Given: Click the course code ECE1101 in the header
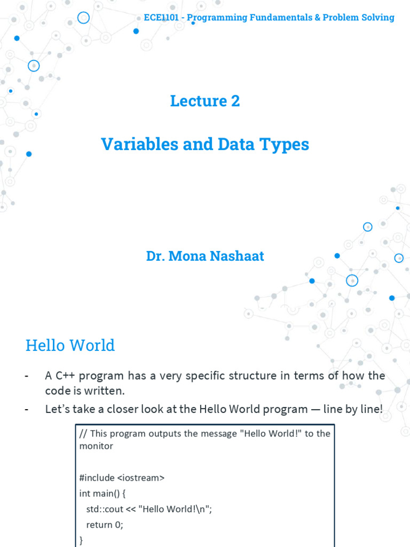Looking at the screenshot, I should (161, 18).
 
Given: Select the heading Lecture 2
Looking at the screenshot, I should (205, 100).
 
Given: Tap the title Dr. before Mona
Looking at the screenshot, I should (155, 256).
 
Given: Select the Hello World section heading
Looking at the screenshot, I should (70, 345).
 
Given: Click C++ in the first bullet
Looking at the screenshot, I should (65, 376).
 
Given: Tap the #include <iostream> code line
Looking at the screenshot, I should (122, 478).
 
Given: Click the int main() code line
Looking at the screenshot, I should (107, 494).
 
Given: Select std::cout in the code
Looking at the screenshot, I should (104, 509).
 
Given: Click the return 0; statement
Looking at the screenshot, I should (105, 525).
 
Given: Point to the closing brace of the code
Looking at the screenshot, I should (81, 540).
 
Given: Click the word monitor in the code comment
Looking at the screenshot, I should (96, 446).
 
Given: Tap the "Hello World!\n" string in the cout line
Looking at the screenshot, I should (175, 509).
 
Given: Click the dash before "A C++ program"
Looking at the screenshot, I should (27, 376).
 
